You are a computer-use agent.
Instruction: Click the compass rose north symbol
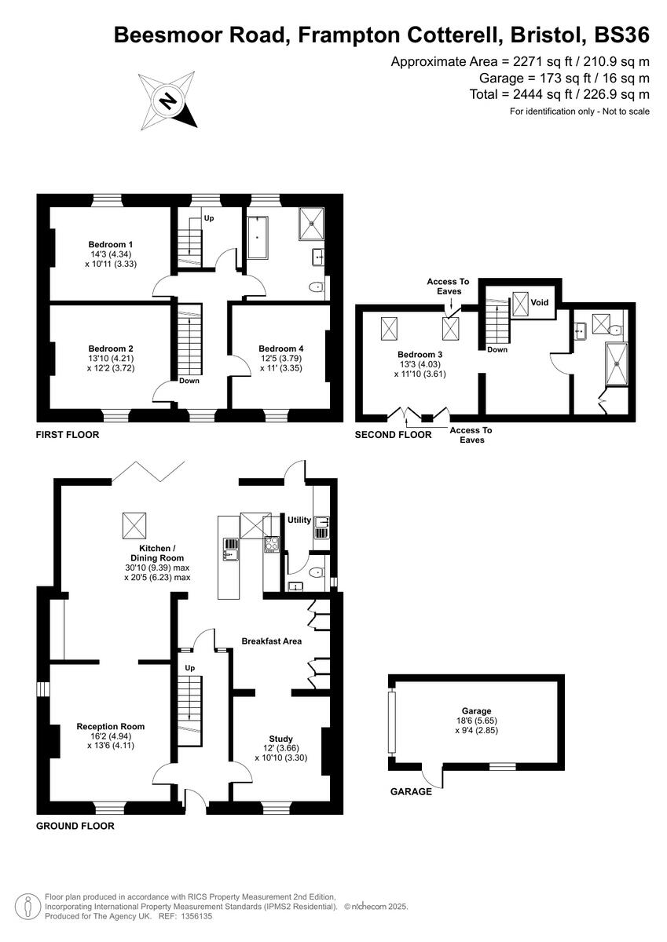coord(167,100)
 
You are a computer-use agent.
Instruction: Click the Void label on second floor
coord(540,301)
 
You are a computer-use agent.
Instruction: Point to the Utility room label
coord(299,520)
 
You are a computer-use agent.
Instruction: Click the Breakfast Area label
coord(271,641)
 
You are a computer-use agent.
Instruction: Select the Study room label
coord(280,739)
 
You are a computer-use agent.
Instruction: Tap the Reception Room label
coord(110,726)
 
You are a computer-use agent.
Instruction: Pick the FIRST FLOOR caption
coord(68,434)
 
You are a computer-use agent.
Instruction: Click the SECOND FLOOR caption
coord(393,434)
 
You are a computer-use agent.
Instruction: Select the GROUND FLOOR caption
coord(75,826)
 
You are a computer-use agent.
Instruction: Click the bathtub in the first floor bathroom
coord(257,236)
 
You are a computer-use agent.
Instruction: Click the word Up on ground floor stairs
coord(189,667)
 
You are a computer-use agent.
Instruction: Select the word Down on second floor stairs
coord(497,349)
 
